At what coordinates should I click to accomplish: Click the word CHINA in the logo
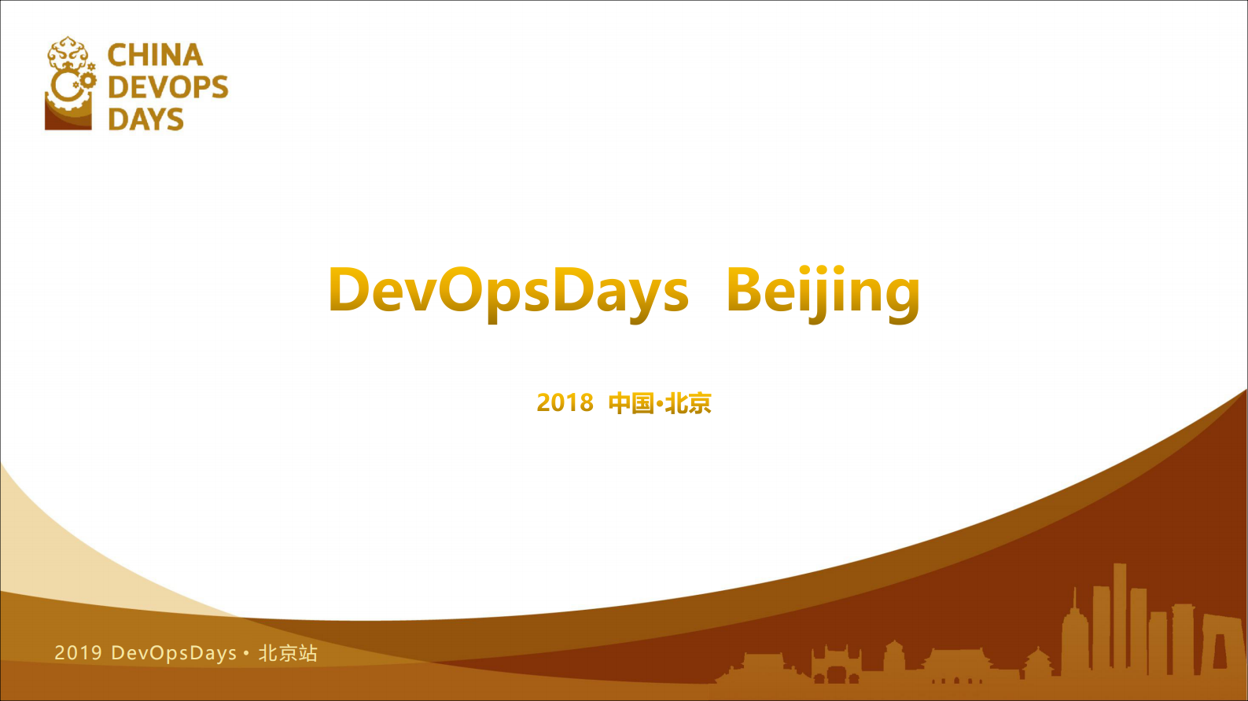pyautogui.click(x=155, y=55)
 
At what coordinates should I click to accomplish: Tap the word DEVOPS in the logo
pyautogui.click(x=168, y=86)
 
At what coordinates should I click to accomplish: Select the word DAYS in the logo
pyautogui.click(x=145, y=119)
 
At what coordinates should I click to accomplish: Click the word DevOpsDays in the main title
pyautogui.click(x=508, y=290)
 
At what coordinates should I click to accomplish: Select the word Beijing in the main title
pyautogui.click(x=823, y=290)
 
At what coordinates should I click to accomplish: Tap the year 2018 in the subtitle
pyautogui.click(x=565, y=402)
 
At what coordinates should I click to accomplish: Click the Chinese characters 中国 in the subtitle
pyautogui.click(x=631, y=403)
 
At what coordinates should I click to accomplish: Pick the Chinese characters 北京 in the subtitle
pyautogui.click(x=688, y=403)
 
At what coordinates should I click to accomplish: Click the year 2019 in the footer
pyautogui.click(x=78, y=653)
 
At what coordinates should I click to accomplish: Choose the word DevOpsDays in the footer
pyautogui.click(x=174, y=653)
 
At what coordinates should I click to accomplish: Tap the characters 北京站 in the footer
pyautogui.click(x=288, y=653)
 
